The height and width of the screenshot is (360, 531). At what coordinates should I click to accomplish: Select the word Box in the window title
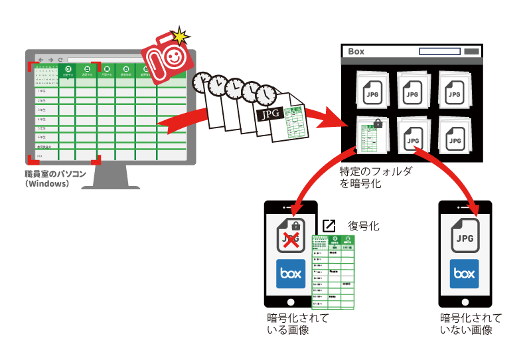point(356,51)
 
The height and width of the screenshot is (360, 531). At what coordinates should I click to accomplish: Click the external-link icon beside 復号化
point(329,226)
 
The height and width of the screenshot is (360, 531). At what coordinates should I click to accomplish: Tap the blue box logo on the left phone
point(291,274)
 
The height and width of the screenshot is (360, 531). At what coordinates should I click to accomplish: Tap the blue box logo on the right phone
point(465,273)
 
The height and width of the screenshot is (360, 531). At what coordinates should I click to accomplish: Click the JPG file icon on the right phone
point(465,236)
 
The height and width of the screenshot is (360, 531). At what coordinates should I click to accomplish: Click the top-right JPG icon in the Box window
point(454,91)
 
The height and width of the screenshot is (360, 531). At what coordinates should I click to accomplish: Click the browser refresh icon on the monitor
point(60,60)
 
